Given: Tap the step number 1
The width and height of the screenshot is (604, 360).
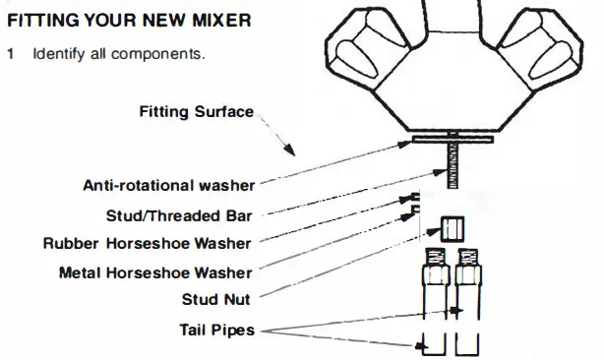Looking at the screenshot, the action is (11, 52).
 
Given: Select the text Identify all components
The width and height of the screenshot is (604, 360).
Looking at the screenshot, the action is (119, 52).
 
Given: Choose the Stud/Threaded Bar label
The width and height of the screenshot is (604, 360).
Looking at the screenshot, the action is (180, 214).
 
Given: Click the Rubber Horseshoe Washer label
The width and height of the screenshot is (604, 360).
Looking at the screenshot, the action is (147, 243).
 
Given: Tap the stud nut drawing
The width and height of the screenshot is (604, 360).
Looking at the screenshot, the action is (451, 229).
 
